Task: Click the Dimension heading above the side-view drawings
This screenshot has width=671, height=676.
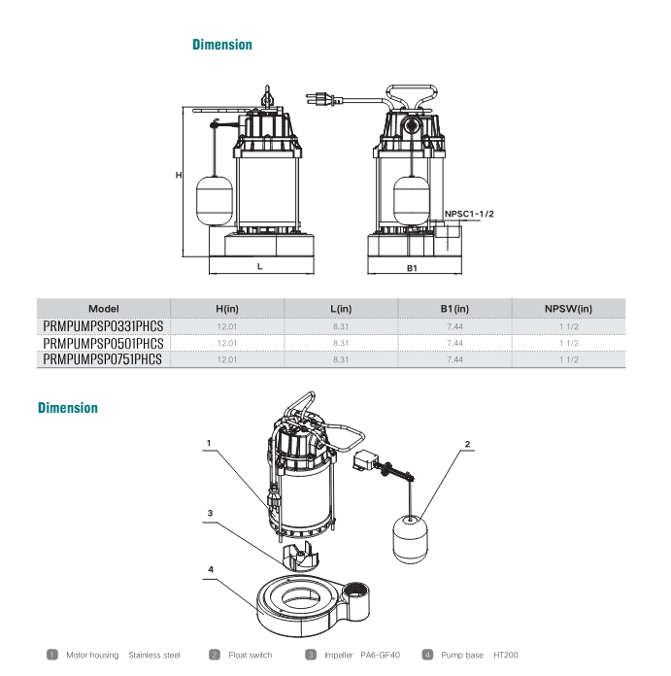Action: coord(221,45)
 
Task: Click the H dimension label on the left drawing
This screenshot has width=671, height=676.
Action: coord(179,175)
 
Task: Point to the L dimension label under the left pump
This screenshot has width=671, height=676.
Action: coord(259,265)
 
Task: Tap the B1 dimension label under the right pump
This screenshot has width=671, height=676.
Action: coord(412,267)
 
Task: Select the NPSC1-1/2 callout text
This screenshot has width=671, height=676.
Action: coord(470,214)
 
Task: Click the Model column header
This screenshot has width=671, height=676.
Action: coord(103,309)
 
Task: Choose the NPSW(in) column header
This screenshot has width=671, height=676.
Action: coord(568,309)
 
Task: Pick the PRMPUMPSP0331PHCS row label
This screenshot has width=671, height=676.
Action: coord(104,326)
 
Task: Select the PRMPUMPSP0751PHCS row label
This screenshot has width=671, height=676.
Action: coord(104,359)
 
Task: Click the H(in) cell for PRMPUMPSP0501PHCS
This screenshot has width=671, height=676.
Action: coord(227,343)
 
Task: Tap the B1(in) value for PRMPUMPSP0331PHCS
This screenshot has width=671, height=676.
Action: coord(454,326)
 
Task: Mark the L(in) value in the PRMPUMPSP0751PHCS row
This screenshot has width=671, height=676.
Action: coord(341,359)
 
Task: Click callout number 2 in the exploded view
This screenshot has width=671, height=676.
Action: coord(467,444)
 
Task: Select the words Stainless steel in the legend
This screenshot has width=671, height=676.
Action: coord(154,656)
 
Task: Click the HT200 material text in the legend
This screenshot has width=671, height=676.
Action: coord(506,656)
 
